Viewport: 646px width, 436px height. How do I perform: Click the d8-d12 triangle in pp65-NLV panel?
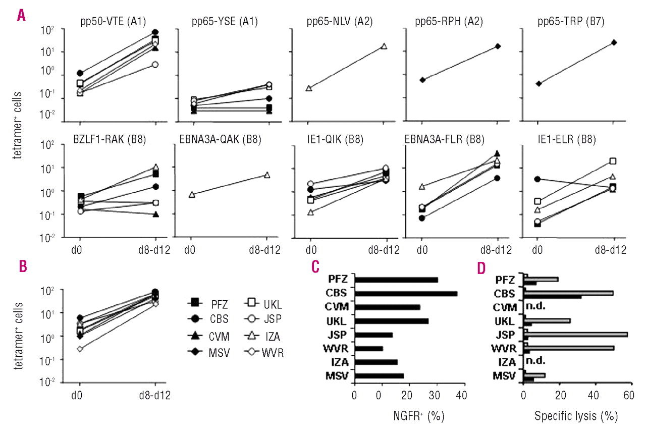coord(384,46)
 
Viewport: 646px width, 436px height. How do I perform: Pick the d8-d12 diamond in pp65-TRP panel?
coord(614,42)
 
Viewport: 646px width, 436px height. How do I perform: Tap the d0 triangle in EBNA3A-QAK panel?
coord(192,194)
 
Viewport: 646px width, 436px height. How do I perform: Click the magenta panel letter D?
coord(482,267)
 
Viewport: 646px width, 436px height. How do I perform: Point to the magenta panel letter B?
coord(23,267)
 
